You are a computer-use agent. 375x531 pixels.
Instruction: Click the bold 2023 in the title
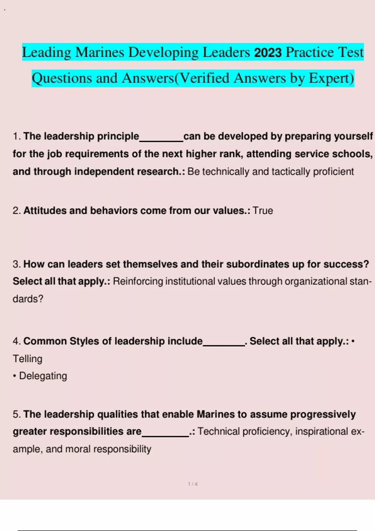268,52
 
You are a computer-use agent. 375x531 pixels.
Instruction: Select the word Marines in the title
100,52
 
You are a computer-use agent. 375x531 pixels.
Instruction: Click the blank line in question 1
161,141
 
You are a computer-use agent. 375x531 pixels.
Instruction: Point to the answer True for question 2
263,211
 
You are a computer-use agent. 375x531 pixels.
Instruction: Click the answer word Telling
27,359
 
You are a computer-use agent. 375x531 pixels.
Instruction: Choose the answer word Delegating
43,376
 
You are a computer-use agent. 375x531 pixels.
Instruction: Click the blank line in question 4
224,345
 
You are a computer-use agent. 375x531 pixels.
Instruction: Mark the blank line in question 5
165,435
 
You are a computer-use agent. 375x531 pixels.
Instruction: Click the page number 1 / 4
192,484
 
